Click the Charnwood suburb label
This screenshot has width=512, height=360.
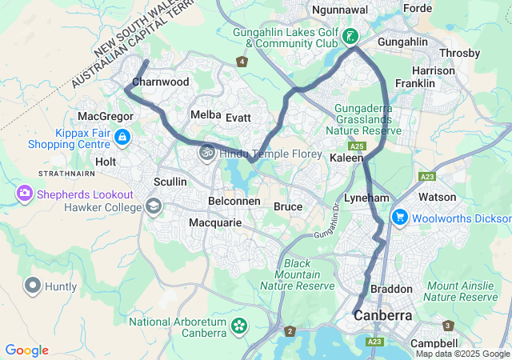pos(160,82)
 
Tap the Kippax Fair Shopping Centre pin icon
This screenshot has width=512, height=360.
pos(121,138)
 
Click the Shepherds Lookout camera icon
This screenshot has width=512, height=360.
pos(25,193)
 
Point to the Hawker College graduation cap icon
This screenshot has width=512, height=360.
pos(153,207)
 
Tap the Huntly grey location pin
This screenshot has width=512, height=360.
pos(33,285)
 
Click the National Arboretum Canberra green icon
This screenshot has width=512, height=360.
pos(238,326)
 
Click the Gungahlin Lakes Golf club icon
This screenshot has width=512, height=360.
pos(350,36)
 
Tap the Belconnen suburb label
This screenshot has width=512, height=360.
pos(234,201)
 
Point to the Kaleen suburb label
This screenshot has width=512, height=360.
pos(347,158)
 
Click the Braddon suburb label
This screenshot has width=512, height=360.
pos(392,289)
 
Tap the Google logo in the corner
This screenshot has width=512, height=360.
pos(26,350)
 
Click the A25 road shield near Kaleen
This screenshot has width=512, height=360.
pos(357,146)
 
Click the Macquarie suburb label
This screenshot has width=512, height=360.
pos(215,222)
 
